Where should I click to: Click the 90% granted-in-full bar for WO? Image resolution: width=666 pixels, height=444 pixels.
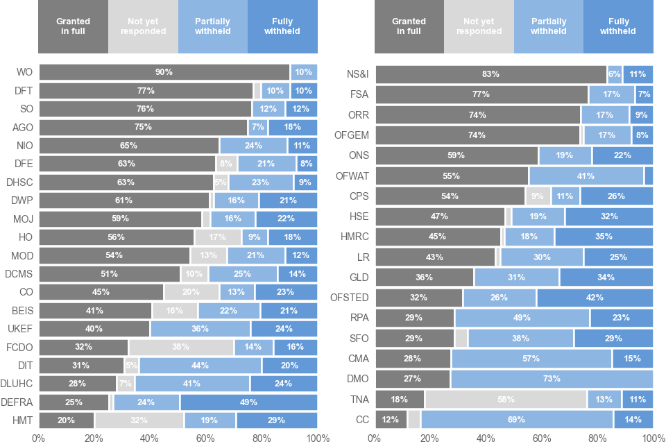(x=164, y=72)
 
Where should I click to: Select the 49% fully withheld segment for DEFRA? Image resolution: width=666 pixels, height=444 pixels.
(x=248, y=402)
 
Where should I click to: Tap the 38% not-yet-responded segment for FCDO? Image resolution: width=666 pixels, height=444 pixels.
(x=181, y=347)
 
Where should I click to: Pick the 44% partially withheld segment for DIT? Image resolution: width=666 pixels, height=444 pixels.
(x=200, y=366)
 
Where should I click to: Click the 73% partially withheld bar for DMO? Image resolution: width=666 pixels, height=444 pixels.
(x=552, y=379)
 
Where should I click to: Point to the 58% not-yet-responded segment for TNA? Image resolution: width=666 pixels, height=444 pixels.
(x=506, y=400)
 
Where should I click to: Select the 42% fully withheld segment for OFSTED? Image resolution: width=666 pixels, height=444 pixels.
(x=595, y=298)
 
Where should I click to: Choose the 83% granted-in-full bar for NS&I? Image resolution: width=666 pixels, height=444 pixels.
(x=490, y=74)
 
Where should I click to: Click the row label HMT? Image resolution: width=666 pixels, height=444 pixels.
(x=24, y=420)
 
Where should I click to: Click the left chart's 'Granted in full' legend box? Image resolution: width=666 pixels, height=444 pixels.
(x=74, y=26)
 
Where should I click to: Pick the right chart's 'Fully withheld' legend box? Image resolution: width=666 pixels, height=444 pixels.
(x=618, y=26)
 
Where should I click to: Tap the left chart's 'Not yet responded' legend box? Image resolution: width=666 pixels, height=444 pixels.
(x=143, y=26)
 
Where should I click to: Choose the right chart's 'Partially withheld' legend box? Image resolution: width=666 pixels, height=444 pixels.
(x=548, y=26)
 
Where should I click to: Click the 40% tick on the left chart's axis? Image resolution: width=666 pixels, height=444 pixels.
(x=150, y=438)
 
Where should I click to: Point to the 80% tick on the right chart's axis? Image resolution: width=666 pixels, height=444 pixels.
(x=597, y=438)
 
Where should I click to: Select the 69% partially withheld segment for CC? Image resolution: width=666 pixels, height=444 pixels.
(x=517, y=420)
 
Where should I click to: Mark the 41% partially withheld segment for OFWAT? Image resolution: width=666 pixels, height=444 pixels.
(x=586, y=176)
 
